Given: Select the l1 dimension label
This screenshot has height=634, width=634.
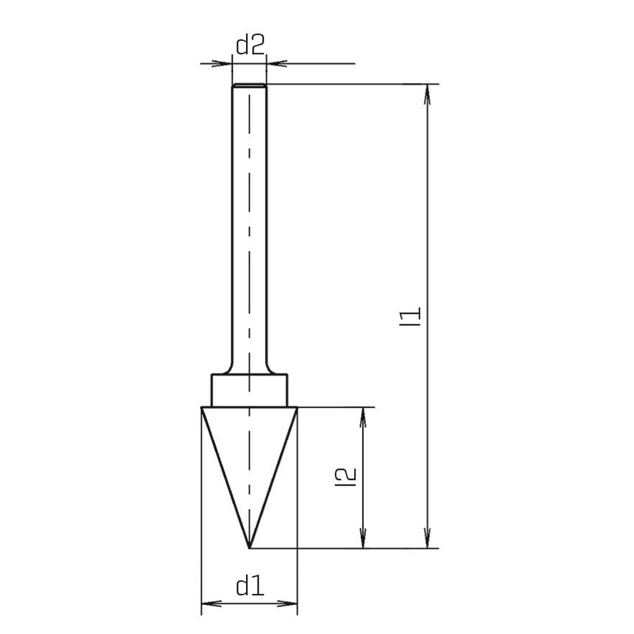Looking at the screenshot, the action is tap(410, 316).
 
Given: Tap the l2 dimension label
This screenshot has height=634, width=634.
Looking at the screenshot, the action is tap(346, 477).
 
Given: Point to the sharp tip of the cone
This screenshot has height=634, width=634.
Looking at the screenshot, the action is tap(249, 548).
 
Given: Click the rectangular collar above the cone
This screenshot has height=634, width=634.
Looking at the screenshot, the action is tap(249, 390).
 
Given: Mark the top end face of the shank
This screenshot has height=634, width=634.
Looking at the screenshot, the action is tap(249, 85).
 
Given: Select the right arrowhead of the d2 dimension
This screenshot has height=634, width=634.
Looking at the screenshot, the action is tap(276, 63).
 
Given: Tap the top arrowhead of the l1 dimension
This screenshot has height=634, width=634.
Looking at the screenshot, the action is tap(427, 94).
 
